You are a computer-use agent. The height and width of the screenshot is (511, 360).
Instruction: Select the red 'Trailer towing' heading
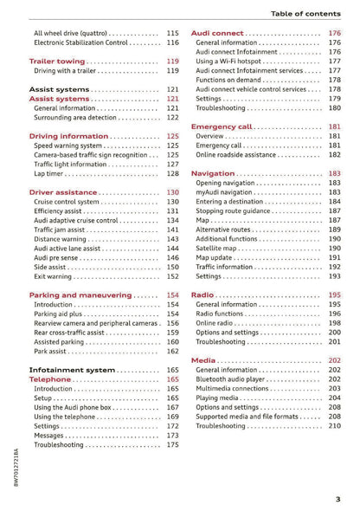coord(57,61)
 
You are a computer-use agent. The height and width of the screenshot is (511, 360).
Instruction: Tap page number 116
coord(172,42)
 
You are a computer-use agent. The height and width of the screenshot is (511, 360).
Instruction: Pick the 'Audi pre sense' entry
coord(58,257)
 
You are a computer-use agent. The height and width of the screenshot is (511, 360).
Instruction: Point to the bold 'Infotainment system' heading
coord(71,370)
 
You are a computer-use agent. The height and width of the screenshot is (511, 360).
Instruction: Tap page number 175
coord(172,445)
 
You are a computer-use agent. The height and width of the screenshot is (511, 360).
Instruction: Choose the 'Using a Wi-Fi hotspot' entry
coord(229,61)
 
